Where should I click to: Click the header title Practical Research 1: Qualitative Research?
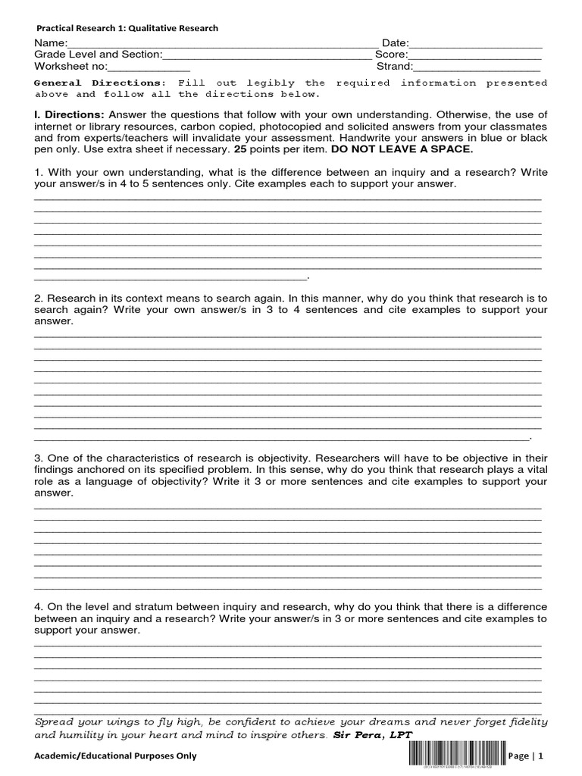[x=127, y=28]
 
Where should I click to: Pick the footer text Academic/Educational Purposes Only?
[x=116, y=756]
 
